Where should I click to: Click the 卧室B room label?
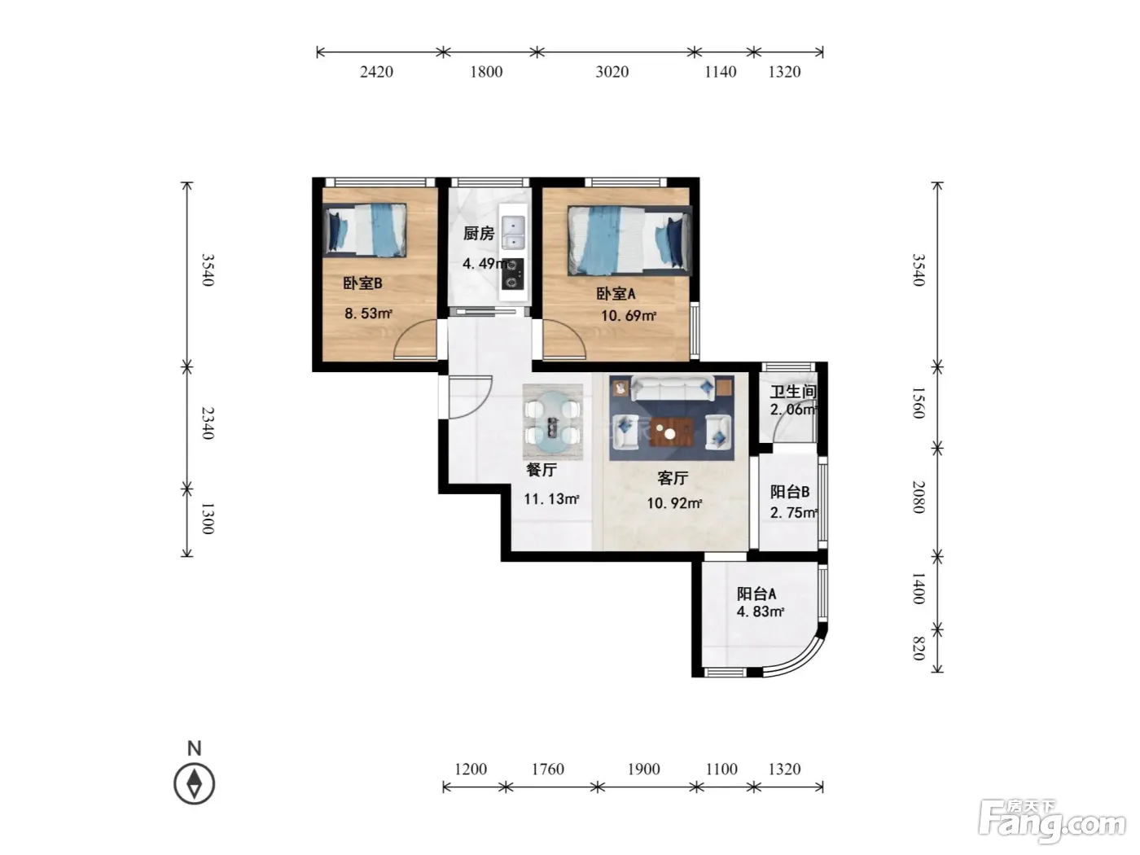point(362,283)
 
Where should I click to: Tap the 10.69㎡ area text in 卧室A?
point(629,316)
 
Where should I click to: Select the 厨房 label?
point(478,234)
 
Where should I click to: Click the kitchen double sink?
point(513,233)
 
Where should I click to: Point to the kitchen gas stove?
point(513,274)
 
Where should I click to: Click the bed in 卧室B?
point(365,230)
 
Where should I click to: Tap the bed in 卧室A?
point(629,240)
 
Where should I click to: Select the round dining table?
point(553,422)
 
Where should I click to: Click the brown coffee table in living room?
point(672,432)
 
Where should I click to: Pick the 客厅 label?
point(673,478)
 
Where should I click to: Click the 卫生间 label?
point(792,392)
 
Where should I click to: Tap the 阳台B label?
point(789,492)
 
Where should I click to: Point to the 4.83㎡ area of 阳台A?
point(761,612)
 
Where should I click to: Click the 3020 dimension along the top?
point(612,72)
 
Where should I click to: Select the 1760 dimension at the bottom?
point(547,769)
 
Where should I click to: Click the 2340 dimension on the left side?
point(208,423)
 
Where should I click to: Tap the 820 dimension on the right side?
point(919,649)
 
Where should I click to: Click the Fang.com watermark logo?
point(1052,821)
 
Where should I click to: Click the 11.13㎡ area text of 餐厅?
point(551,499)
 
